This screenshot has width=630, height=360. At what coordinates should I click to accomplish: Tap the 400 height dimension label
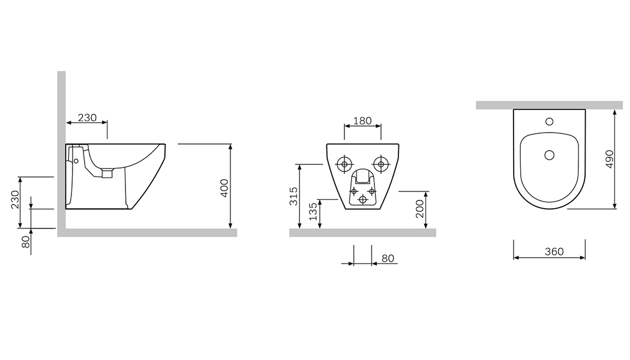coord(224,188)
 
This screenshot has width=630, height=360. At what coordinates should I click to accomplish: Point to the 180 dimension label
coord(362,121)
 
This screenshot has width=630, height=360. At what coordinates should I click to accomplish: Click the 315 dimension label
coord(294,196)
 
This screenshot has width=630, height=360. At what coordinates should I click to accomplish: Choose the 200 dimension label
coord(419,209)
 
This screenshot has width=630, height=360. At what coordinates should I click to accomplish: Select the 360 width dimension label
coord(554,251)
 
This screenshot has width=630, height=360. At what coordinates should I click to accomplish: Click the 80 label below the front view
coord(388,259)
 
